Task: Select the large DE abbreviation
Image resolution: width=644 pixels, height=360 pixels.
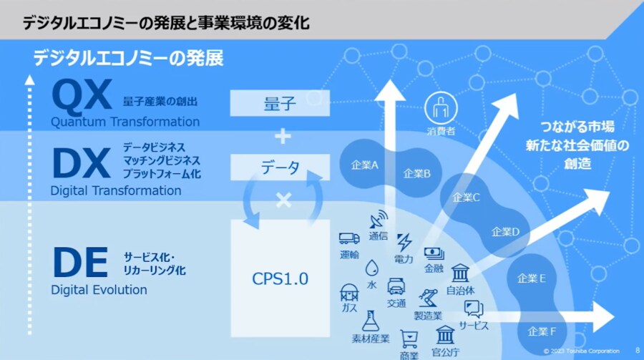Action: [x=79, y=261]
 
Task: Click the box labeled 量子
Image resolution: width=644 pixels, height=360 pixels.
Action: [x=280, y=104]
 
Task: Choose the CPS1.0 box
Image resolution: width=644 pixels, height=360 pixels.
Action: [x=280, y=278]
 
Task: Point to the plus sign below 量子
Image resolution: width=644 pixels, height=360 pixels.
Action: [x=283, y=135]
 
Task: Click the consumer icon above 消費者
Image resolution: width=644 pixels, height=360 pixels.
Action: [x=441, y=110]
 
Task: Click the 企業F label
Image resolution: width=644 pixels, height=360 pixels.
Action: [x=542, y=331]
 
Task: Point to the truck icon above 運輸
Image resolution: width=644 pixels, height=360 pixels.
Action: [x=349, y=238]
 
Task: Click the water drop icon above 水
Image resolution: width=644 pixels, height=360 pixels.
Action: [x=371, y=268]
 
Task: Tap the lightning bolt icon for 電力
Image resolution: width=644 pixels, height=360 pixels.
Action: [x=404, y=241]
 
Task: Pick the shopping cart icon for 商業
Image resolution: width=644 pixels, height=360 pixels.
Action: [x=409, y=337]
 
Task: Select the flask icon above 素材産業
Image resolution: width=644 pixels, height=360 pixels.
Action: [x=370, y=320]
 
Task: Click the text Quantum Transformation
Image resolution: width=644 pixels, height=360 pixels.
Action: [x=125, y=122]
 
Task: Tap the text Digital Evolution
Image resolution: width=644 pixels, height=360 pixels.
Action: [x=99, y=290]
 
